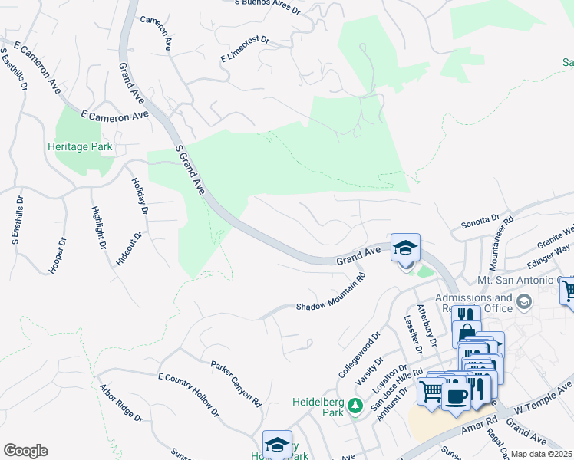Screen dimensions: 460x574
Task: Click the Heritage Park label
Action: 80,146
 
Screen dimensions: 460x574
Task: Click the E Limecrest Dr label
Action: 245,48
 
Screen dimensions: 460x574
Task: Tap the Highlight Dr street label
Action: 97,228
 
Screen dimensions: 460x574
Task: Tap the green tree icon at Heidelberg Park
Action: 355,404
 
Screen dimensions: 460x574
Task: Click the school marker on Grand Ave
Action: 405,248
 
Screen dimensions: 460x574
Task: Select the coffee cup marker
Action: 456,396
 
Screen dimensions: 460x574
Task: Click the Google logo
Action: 25,451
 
